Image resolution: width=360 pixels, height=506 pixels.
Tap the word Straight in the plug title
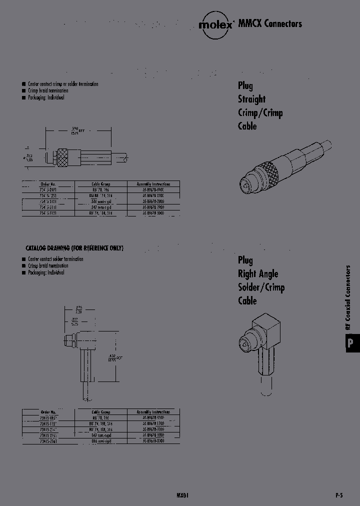click(x=251, y=99)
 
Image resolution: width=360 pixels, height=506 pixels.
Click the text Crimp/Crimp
click(x=260, y=112)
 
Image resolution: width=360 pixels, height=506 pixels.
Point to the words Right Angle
click(x=257, y=273)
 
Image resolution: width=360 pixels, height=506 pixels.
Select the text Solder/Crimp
click(x=261, y=287)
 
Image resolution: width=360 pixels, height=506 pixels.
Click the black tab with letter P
click(x=351, y=343)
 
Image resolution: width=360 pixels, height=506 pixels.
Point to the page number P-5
click(x=338, y=495)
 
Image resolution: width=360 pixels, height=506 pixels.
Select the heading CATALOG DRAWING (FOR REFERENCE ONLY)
click(x=74, y=248)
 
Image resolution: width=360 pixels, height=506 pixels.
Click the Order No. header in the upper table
click(x=49, y=183)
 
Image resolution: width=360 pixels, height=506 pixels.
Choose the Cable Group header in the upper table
click(x=101, y=183)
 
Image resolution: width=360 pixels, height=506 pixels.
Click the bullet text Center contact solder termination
click(x=55, y=259)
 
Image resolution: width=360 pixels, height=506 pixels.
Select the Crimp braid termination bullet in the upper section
click(x=48, y=90)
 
